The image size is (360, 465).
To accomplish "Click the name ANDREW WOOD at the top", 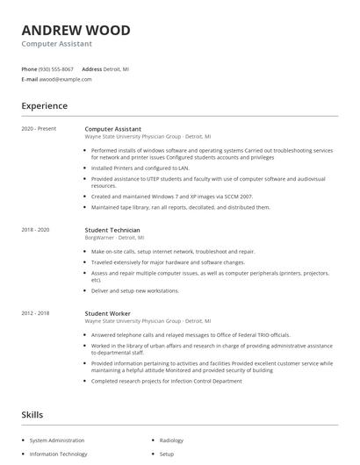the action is pyautogui.click(x=76, y=31).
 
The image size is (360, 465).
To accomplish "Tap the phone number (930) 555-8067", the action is pyautogui.click(x=56, y=68).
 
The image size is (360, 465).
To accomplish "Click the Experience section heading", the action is pyautogui.click(x=44, y=106).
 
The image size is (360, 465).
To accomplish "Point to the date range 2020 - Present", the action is pyautogui.click(x=39, y=129).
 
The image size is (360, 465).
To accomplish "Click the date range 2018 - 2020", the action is pyautogui.click(x=35, y=230).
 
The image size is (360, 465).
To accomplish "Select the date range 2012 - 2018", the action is pyautogui.click(x=35, y=313).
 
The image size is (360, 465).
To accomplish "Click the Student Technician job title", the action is pyautogui.click(x=112, y=230).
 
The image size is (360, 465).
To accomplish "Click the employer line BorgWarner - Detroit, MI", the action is pyautogui.click(x=114, y=237).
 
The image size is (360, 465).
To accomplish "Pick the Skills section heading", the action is pyautogui.click(x=33, y=414).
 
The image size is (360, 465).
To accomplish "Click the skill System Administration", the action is pyautogui.click(x=57, y=440).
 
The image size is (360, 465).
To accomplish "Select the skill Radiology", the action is pyautogui.click(x=172, y=440).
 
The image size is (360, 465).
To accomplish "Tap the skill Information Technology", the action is pyautogui.click(x=58, y=454).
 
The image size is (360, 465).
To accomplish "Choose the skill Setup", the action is pyautogui.click(x=167, y=454).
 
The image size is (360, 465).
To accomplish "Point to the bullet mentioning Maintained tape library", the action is pyautogui.click(x=181, y=208).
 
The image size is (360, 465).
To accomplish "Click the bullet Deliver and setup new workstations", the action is pyautogui.click(x=135, y=290).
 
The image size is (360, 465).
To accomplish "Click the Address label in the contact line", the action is pyautogui.click(x=92, y=68).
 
